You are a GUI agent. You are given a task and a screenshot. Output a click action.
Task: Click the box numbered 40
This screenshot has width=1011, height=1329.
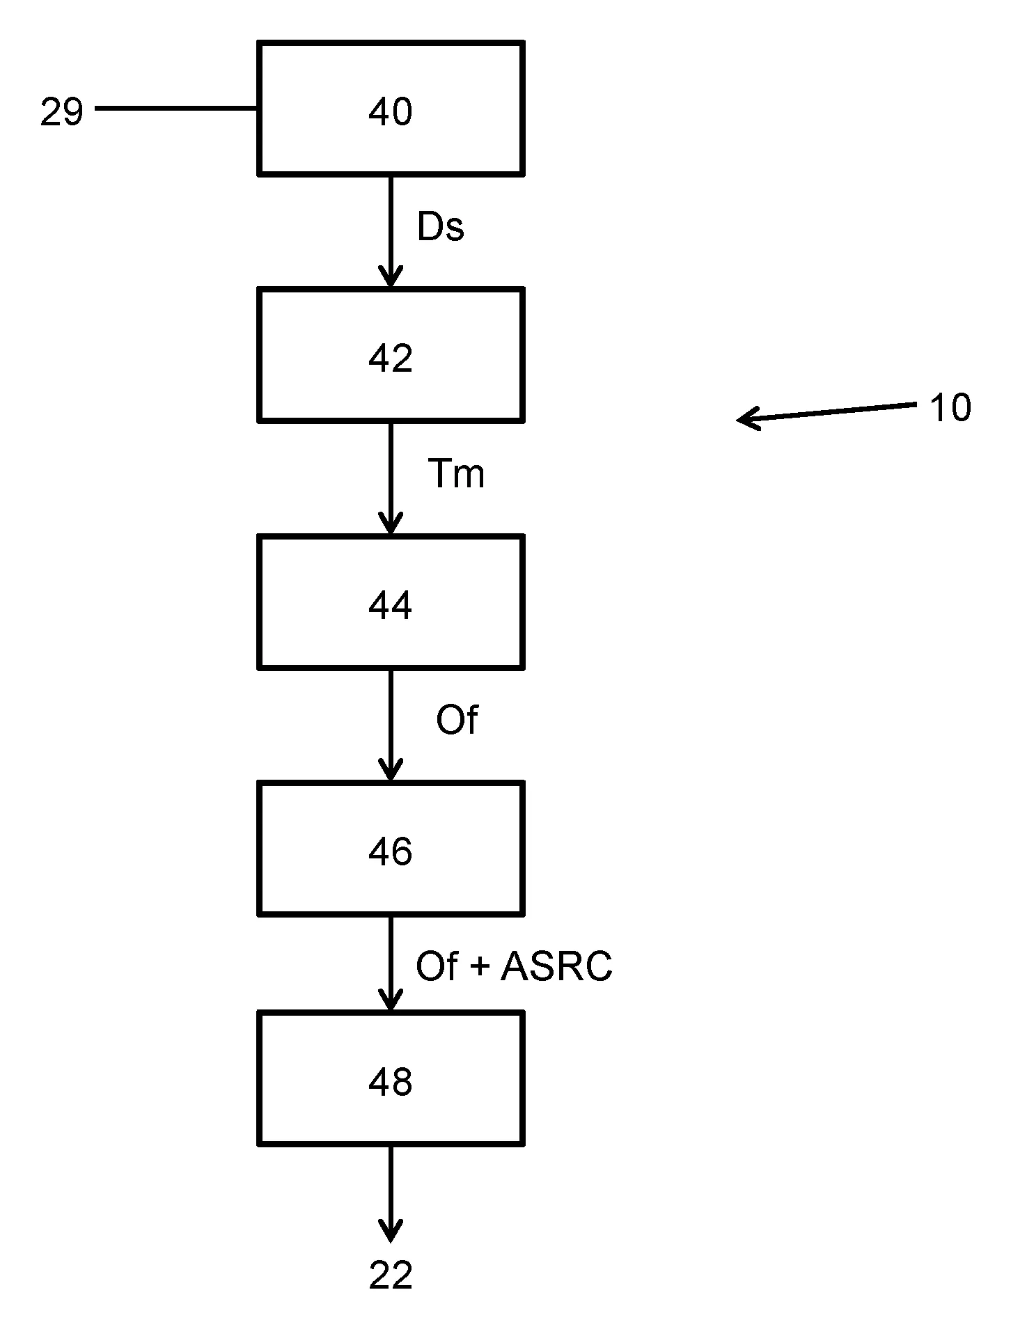pyautogui.click(x=391, y=109)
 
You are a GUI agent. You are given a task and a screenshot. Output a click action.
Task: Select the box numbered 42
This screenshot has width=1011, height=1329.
pyautogui.click(x=391, y=356)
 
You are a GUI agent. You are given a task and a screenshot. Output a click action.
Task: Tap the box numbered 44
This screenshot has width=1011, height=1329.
pyautogui.click(x=391, y=602)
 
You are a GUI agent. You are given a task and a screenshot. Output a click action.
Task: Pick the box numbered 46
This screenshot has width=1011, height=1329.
pyautogui.click(x=391, y=849)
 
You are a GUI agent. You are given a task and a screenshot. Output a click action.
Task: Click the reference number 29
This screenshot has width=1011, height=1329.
pyautogui.click(x=62, y=112)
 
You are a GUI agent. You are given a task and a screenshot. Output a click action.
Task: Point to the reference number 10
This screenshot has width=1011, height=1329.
pyautogui.click(x=950, y=408)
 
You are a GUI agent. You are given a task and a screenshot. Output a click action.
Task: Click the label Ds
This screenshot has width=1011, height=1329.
pyautogui.click(x=440, y=227)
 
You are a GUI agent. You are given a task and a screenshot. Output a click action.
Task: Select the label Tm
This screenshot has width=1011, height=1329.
pyautogui.click(x=456, y=474)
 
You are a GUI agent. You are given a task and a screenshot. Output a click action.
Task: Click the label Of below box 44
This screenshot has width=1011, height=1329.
pyautogui.click(x=457, y=720)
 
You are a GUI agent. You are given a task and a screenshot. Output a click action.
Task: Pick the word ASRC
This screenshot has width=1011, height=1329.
pyautogui.click(x=556, y=966)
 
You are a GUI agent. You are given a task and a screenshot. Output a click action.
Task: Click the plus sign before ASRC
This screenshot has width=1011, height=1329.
pyautogui.click(x=480, y=967)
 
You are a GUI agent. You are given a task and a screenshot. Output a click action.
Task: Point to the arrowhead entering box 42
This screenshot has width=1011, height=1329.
pyautogui.click(x=391, y=278)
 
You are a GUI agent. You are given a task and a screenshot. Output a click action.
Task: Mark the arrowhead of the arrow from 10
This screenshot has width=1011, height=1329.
pyautogui.click(x=744, y=419)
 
